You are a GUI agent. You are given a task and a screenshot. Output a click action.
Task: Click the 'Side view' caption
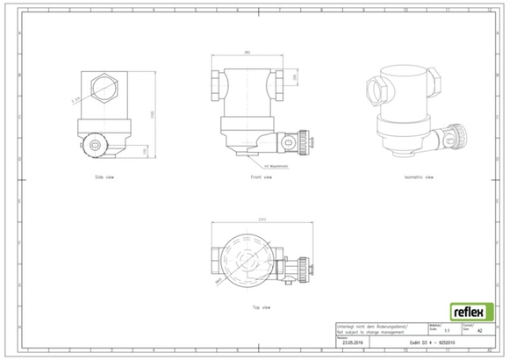click(x=104, y=176)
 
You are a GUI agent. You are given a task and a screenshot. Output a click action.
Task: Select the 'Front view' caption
click(x=261, y=176)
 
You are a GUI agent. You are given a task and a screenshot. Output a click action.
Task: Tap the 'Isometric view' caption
click(x=418, y=176)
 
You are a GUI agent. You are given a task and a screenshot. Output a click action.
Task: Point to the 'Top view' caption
click(x=261, y=307)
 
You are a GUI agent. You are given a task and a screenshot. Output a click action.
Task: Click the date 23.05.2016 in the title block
click(x=353, y=344)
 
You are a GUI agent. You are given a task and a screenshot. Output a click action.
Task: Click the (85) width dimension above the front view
click(x=249, y=54)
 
